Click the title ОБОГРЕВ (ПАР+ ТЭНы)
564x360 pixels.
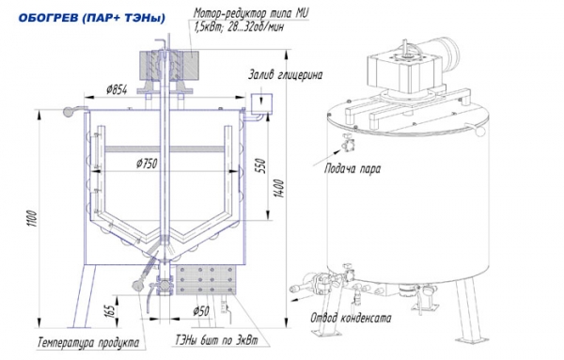point(92,18)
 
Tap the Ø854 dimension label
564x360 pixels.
point(117,89)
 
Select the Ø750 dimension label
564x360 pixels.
point(147,164)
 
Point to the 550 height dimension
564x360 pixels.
point(261,165)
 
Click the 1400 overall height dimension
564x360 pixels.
point(279,188)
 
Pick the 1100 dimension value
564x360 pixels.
point(32,219)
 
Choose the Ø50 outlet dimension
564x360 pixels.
point(201,311)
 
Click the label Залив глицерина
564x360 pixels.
point(285,75)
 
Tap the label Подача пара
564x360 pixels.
point(352,168)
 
